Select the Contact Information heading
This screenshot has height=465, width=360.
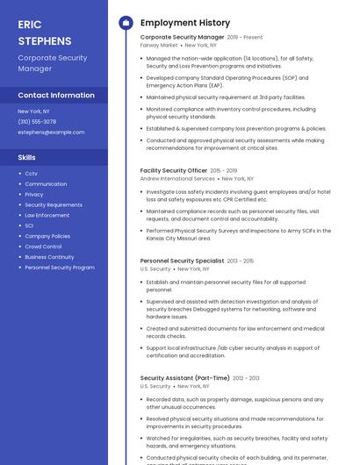[56, 95]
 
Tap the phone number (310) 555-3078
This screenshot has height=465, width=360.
[37, 122]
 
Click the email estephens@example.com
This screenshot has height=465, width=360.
[51, 132]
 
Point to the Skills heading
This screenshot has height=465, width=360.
[27, 157]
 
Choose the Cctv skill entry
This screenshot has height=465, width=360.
[31, 174]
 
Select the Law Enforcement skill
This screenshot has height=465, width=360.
[47, 215]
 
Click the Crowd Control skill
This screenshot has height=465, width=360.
[43, 247]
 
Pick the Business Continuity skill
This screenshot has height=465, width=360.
[49, 257]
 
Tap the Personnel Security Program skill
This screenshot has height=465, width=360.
[59, 268]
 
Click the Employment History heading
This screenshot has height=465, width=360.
[185, 23]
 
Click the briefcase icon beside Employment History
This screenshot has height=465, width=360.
[125, 23]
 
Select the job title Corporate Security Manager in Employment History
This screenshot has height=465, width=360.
[182, 38]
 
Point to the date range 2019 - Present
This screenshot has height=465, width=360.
[245, 38]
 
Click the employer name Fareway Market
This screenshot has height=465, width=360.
[158, 46]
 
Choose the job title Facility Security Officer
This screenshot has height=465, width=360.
[174, 170]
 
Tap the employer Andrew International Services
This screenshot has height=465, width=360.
[177, 178]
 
